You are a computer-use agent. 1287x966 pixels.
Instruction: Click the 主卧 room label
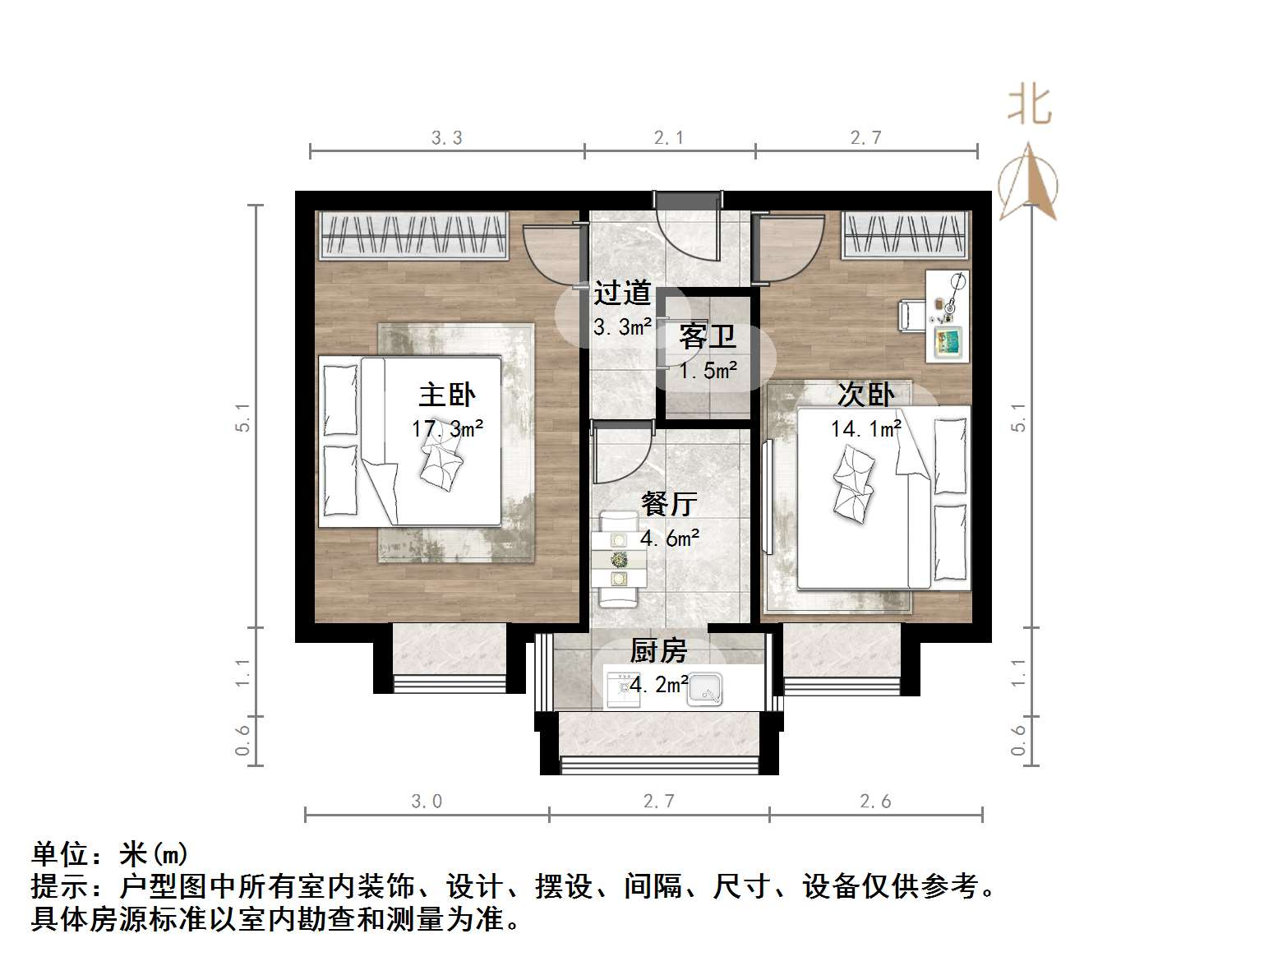click(447, 395)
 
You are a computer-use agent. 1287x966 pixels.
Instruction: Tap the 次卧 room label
click(865, 395)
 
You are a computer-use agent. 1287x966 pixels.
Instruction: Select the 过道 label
click(622, 293)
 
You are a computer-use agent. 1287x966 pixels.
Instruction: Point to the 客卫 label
click(707, 337)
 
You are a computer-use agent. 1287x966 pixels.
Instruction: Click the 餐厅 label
click(669, 503)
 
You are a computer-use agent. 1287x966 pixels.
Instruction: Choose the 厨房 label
click(658, 651)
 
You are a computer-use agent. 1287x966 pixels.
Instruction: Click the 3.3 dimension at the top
click(447, 138)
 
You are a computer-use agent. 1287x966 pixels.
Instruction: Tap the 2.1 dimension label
click(669, 138)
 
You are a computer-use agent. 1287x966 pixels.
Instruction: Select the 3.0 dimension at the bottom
click(427, 802)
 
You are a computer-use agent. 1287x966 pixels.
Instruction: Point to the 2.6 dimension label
click(875, 802)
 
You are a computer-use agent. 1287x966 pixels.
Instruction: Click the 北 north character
click(1030, 106)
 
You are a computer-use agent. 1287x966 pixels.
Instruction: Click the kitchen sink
click(705, 689)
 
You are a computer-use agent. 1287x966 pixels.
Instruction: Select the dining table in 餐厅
click(618, 560)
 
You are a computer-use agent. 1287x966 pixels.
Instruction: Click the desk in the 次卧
click(948, 316)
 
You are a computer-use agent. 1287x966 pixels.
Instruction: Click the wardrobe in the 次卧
click(904, 234)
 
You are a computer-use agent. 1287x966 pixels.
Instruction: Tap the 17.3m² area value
click(447, 428)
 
